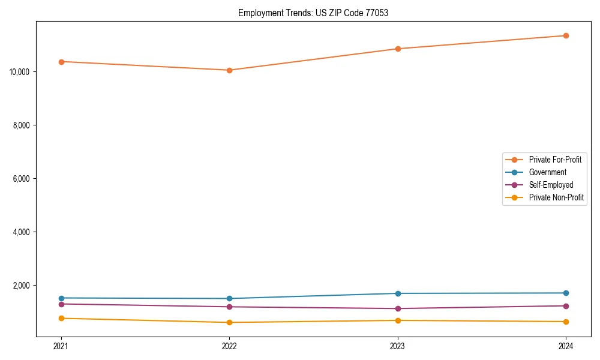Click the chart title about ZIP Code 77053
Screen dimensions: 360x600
(x=313, y=13)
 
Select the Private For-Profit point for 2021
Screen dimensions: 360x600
(x=61, y=62)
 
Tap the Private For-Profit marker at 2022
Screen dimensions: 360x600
(x=229, y=70)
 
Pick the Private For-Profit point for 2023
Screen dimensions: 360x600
(x=398, y=49)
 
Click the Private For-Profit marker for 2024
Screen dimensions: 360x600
(x=566, y=35)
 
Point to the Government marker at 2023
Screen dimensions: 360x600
(x=398, y=293)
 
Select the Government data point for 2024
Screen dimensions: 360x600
(x=566, y=293)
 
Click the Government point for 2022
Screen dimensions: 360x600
(x=229, y=298)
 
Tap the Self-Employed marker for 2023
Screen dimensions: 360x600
(x=398, y=308)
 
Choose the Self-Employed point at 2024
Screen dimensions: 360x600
(x=566, y=306)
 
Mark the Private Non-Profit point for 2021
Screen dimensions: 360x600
(x=61, y=318)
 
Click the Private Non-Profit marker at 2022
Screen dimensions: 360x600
(x=229, y=322)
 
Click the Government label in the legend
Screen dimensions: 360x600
(x=547, y=172)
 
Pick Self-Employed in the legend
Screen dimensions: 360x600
(x=551, y=185)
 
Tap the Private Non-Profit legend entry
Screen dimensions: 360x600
(x=556, y=197)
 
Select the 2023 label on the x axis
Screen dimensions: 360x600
(x=398, y=346)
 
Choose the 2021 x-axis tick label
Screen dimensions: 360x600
(x=61, y=346)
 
